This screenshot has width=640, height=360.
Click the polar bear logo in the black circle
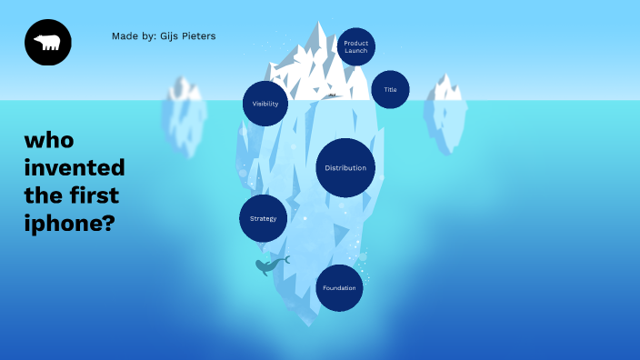click(x=47, y=43)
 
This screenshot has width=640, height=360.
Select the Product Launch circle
click(x=355, y=47)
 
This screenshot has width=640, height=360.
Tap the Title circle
click(x=390, y=89)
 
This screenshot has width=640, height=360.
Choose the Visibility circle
click(x=265, y=104)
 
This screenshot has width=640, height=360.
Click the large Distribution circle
click(x=345, y=168)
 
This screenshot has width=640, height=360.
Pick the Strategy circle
click(x=263, y=218)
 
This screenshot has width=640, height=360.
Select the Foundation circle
click(x=339, y=288)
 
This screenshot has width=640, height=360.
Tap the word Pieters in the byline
click(x=199, y=36)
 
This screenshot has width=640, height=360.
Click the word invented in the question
click(x=75, y=168)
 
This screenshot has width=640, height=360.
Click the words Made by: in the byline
click(x=131, y=36)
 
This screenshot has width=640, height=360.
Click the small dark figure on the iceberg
click(x=332, y=95)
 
